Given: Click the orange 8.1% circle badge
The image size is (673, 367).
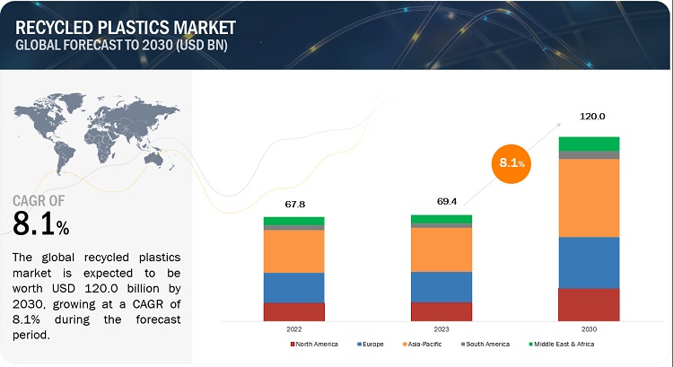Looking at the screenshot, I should click(510, 163).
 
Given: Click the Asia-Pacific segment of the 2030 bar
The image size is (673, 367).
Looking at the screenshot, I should click(589, 197).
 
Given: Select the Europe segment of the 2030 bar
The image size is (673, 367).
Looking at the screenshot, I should click(589, 262).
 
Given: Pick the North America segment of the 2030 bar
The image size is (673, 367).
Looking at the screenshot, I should click(589, 304).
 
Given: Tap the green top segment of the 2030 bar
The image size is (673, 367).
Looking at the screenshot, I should click(589, 144).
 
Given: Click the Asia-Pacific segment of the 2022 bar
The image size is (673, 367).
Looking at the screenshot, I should click(293, 251).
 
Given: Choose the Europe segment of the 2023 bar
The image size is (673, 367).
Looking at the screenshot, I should click(441, 286).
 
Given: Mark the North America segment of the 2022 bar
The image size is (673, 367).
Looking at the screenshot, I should click(293, 311).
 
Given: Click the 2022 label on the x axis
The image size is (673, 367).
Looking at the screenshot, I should click(293, 328).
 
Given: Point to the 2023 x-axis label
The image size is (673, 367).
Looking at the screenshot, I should click(441, 328).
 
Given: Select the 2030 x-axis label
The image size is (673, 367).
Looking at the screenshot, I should click(589, 328).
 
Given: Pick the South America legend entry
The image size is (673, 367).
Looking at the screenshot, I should click(485, 344).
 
